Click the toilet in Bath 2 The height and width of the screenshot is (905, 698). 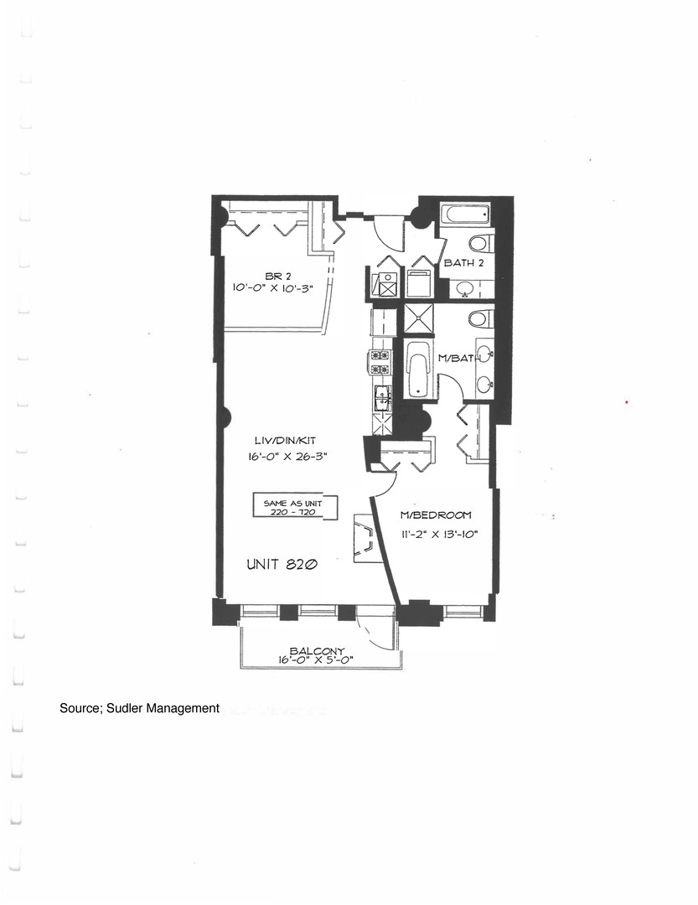(x=478, y=244)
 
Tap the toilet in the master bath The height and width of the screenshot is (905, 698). (x=478, y=319)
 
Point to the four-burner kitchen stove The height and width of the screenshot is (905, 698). (x=380, y=362)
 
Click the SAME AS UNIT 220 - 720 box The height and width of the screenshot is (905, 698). (x=295, y=507)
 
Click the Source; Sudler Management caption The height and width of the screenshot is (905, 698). (x=139, y=708)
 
